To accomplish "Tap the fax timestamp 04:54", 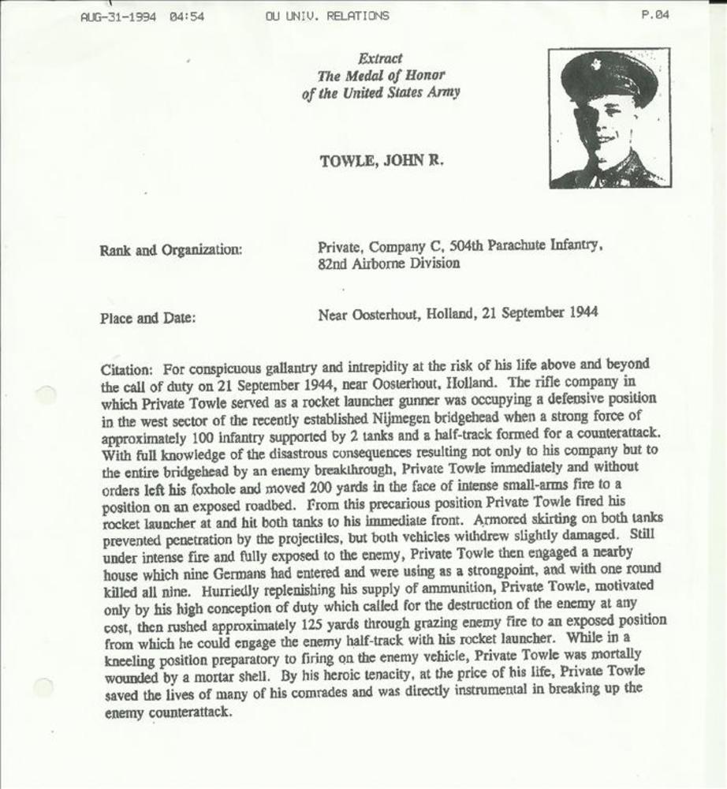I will tap(187, 16).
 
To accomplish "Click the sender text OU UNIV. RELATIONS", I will tap(327, 16).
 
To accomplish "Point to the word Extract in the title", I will tap(380, 58).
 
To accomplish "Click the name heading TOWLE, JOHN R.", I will tap(382, 161).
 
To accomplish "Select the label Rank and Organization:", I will tap(171, 250).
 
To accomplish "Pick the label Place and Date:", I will tap(147, 319).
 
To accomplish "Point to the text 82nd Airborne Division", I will tap(389, 264).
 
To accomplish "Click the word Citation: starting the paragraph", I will tap(128, 369).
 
